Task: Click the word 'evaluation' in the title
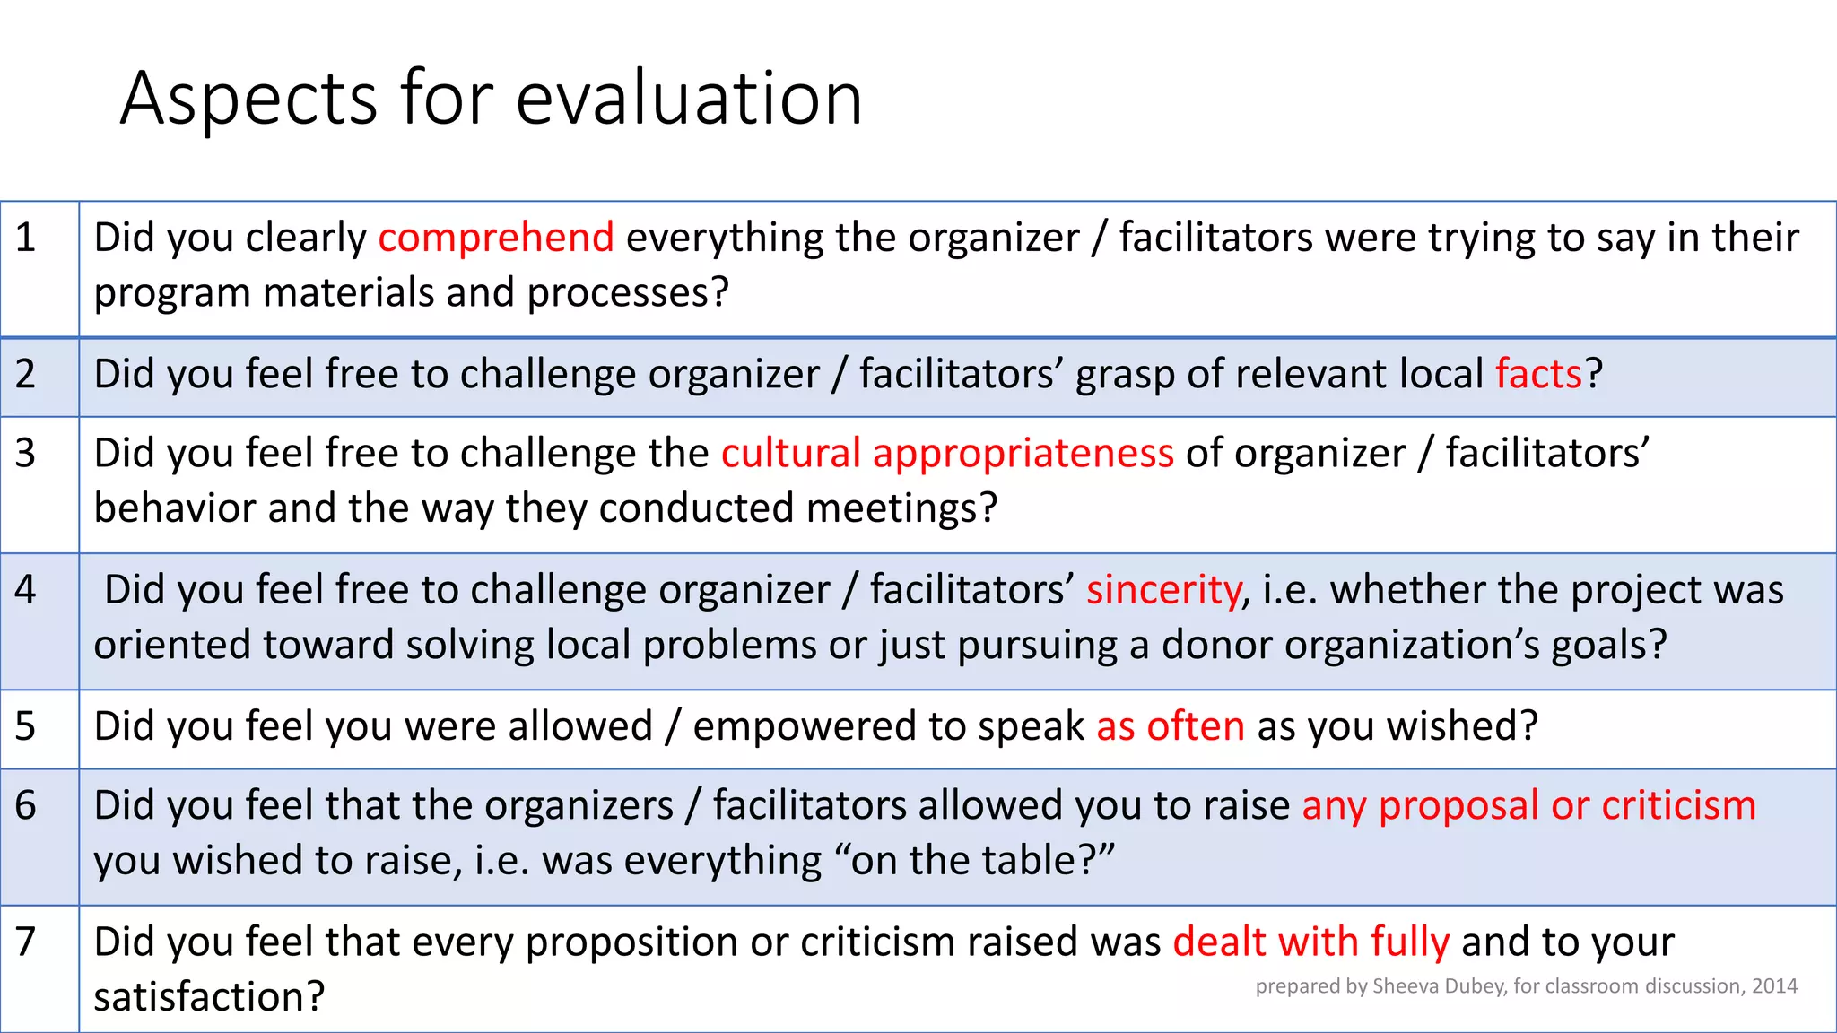pyautogui.click(x=689, y=99)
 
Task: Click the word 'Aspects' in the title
pyautogui.click(x=248, y=99)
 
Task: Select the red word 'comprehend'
pyautogui.click(x=496, y=239)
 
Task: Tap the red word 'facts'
pyautogui.click(x=1538, y=375)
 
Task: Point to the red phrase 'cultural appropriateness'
pyautogui.click(x=947, y=454)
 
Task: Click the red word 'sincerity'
pyautogui.click(x=1163, y=590)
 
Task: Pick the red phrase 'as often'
pyautogui.click(x=1171, y=726)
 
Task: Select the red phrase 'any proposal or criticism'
pyautogui.click(x=1528, y=805)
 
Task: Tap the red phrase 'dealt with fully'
pyautogui.click(x=1310, y=942)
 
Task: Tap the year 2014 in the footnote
pyautogui.click(x=1774, y=986)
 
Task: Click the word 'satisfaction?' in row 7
pyautogui.click(x=209, y=997)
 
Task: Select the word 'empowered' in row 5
pyautogui.click(x=805, y=726)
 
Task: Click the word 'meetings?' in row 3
pyautogui.click(x=901, y=508)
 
